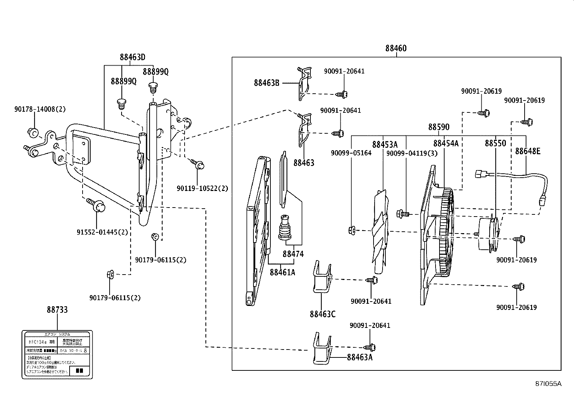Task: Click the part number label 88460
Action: pyautogui.click(x=396, y=48)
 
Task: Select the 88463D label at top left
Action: pyautogui.click(x=132, y=57)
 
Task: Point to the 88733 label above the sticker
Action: pyautogui.click(x=57, y=310)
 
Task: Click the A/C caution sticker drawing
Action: pyautogui.click(x=57, y=355)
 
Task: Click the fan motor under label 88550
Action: pyautogui.click(x=489, y=234)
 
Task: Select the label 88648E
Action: pyautogui.click(x=527, y=151)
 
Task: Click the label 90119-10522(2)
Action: pyautogui.click(x=202, y=188)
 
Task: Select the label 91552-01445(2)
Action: pyautogui.click(x=102, y=232)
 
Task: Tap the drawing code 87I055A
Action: pyautogui.click(x=548, y=384)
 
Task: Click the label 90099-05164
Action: pyautogui.click(x=351, y=153)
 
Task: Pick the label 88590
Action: pyautogui.click(x=439, y=127)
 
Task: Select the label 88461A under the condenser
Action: pyautogui.click(x=282, y=272)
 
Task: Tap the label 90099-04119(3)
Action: pyautogui.click(x=412, y=153)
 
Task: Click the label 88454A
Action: pyautogui.click(x=446, y=144)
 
